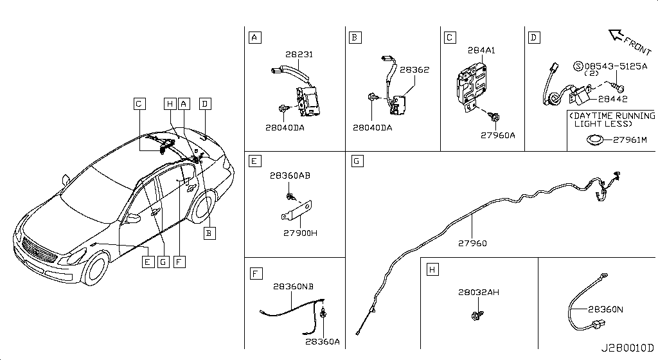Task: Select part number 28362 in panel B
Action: [x=414, y=70]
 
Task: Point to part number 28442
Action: [x=612, y=99]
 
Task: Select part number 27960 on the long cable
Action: [x=472, y=244]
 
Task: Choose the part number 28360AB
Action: [x=290, y=175]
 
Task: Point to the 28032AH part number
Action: [x=479, y=292]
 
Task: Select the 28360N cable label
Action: [x=605, y=309]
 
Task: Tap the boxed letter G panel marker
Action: [x=357, y=161]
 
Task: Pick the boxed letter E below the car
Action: [x=148, y=262]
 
